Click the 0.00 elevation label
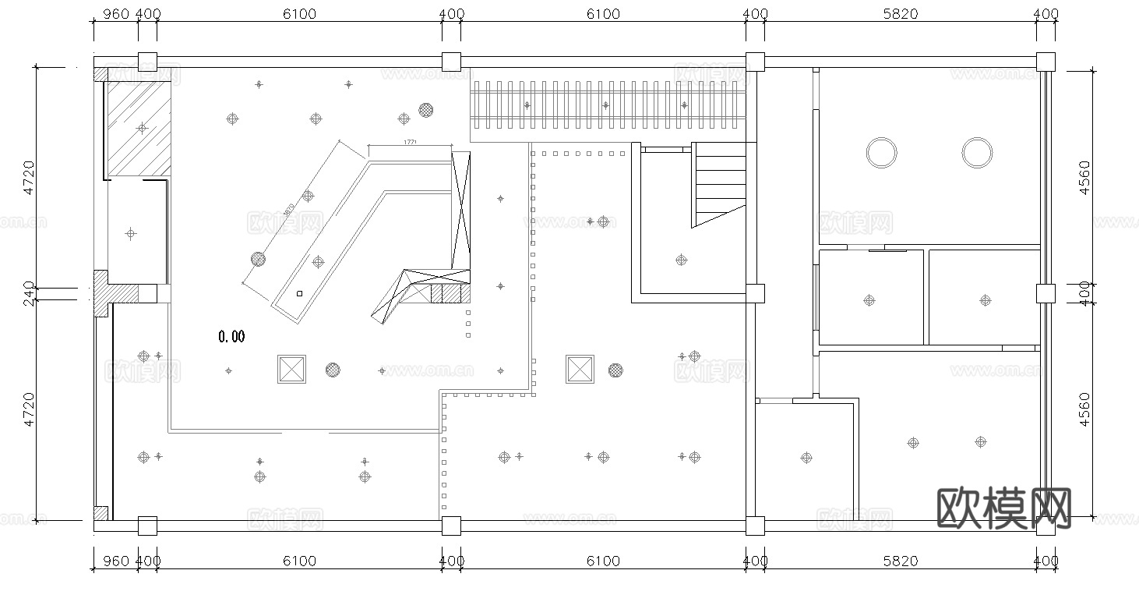point(231,337)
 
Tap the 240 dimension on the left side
point(29,293)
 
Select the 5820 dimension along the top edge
point(900,13)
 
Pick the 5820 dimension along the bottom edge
point(900,561)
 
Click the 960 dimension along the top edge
point(115,13)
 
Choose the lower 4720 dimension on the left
point(29,409)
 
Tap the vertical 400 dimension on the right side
point(1085,294)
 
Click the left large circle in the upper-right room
point(881,152)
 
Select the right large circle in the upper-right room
point(976,152)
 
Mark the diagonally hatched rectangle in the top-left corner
point(139,127)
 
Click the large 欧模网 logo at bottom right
point(1004,508)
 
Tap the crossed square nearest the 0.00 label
point(292,369)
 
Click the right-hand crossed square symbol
point(580,369)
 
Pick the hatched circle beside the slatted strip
point(425,110)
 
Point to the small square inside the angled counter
point(299,294)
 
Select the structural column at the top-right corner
point(1046,62)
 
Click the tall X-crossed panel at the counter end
point(461,211)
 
